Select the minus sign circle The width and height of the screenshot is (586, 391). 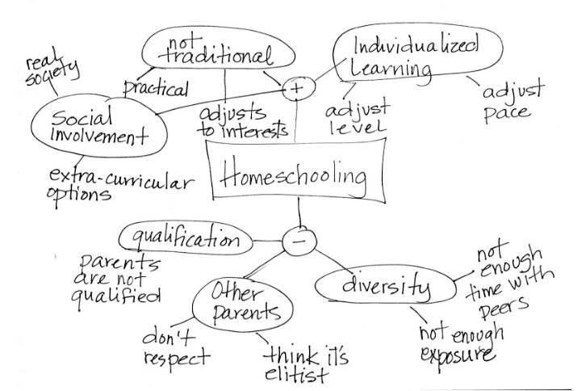299,238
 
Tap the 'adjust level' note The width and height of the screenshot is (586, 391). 355,118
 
